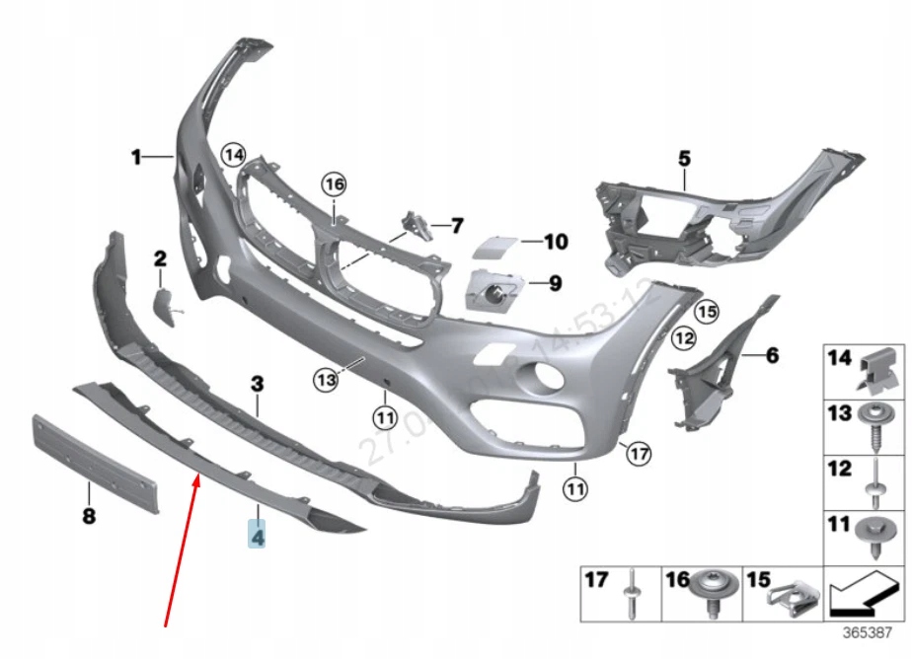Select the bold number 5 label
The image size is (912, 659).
pos(684,157)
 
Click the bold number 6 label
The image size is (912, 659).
pos(772,354)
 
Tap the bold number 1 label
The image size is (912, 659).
pos(137,156)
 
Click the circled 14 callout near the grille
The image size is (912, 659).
pos(232,155)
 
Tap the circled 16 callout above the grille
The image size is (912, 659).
pos(335,183)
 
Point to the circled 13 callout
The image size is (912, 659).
pos(327,377)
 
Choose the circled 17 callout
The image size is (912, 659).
pos(639,454)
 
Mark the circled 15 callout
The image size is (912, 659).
pos(705,312)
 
